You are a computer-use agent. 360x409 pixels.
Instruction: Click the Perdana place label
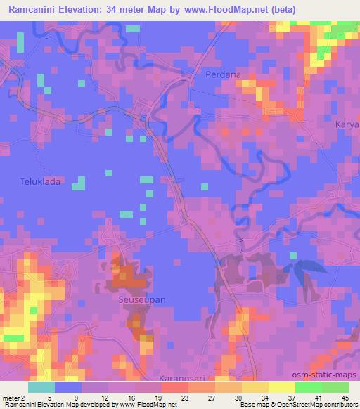pyautogui.click(x=223, y=74)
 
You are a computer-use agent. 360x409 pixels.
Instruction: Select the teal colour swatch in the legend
pyautogui.click(x=41, y=387)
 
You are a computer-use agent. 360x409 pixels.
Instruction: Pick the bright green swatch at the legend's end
pyautogui.click(x=335, y=387)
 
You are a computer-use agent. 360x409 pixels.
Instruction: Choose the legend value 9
pyautogui.click(x=76, y=398)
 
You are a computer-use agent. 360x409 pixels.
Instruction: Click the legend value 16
pyautogui.click(x=129, y=398)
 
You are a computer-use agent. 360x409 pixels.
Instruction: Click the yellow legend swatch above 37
pyautogui.click(x=281, y=387)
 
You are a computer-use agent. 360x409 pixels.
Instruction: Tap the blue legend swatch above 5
pyautogui.click(x=68, y=387)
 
